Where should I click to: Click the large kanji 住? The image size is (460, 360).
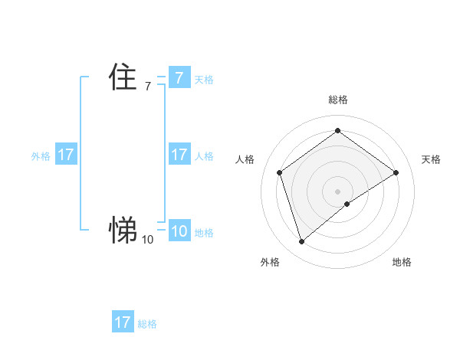[x=123, y=77]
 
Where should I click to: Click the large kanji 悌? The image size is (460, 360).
[x=123, y=228]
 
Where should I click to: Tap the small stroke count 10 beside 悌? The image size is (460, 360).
[x=147, y=240]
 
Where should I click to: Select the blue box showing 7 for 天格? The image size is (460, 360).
[x=179, y=77]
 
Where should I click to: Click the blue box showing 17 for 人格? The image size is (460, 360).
[x=179, y=155]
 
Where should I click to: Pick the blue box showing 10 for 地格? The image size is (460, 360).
[x=179, y=231]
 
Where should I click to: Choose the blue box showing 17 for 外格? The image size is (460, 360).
[x=66, y=155]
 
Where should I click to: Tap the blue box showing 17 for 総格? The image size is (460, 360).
[x=123, y=322]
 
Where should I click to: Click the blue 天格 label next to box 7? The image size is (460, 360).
[x=204, y=79]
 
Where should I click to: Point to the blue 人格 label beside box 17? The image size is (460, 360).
[x=204, y=156]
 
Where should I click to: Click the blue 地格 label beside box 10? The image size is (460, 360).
[x=204, y=233]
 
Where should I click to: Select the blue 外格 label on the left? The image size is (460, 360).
[x=41, y=156]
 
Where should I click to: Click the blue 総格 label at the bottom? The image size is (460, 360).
[x=147, y=324]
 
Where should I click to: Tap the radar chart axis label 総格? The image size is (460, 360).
[x=337, y=100]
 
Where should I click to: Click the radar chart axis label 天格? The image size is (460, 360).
[x=431, y=159]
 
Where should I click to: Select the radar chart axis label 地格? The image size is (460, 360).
[x=402, y=262]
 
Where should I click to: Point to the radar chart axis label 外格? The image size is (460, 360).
[x=270, y=262]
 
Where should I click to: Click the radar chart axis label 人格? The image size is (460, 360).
[x=245, y=159]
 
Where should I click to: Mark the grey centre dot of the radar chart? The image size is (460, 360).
[x=337, y=191]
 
